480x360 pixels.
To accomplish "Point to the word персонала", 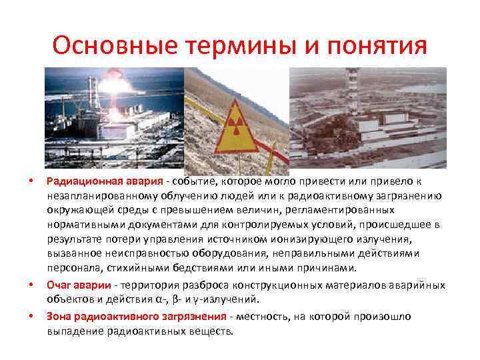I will pos(71,268).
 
